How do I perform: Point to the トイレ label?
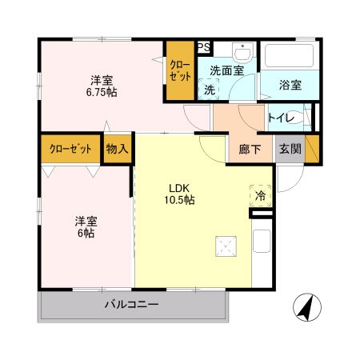click(x=281, y=118)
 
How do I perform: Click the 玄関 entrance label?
click(x=289, y=149)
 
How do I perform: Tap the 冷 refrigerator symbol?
click(x=260, y=194)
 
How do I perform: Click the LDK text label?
click(x=178, y=189)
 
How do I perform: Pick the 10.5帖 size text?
click(x=178, y=201)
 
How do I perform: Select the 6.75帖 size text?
click(x=102, y=92)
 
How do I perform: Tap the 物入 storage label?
click(x=118, y=149)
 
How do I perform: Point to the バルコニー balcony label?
click(x=133, y=305)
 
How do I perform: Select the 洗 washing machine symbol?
click(x=209, y=90)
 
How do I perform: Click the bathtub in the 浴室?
click(x=290, y=57)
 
